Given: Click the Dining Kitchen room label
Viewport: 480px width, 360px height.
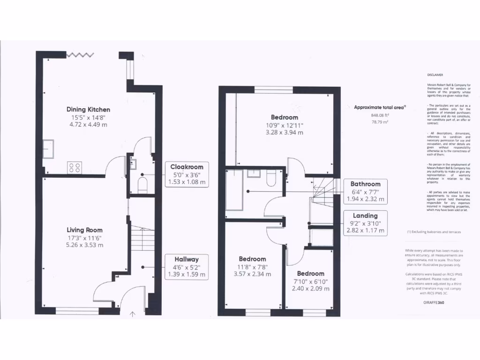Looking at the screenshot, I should [88, 109].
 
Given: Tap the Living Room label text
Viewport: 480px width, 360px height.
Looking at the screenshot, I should [84, 230].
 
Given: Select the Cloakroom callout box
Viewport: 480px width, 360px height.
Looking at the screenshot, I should [187, 174].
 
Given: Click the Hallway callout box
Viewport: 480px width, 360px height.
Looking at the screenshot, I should [187, 267].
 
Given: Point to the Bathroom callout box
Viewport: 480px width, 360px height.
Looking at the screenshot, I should [366, 191].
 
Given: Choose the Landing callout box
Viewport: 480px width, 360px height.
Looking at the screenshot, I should [366, 223].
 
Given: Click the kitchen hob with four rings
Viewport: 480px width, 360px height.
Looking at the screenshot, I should [75, 167].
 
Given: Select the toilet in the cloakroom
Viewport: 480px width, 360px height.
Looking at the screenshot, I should [142, 187].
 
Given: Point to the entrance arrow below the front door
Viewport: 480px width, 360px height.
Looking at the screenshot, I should [132, 315].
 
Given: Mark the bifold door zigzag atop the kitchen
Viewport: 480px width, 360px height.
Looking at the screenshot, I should [80, 55].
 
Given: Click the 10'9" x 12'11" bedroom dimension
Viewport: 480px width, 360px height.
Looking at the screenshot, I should [285, 125].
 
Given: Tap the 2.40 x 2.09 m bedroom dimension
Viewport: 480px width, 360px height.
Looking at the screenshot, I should [310, 288].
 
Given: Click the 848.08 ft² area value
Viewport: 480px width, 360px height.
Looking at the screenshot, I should [380, 115].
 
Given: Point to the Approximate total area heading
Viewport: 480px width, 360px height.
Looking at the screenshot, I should [380, 107].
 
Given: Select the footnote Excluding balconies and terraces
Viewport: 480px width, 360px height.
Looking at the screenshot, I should [434, 232].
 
